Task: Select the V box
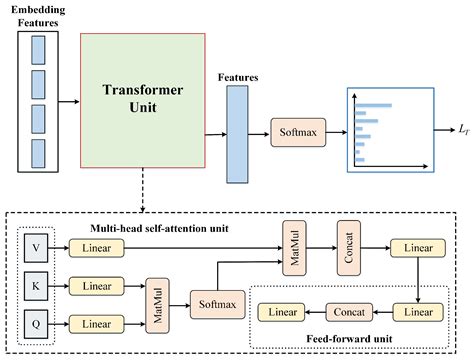click(37, 243)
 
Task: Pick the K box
click(37, 284)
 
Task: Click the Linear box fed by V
click(98, 244)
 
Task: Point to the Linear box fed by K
click(98, 285)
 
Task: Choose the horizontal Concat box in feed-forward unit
click(350, 312)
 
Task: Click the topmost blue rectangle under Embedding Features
click(39, 51)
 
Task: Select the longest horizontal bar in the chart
click(373, 104)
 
